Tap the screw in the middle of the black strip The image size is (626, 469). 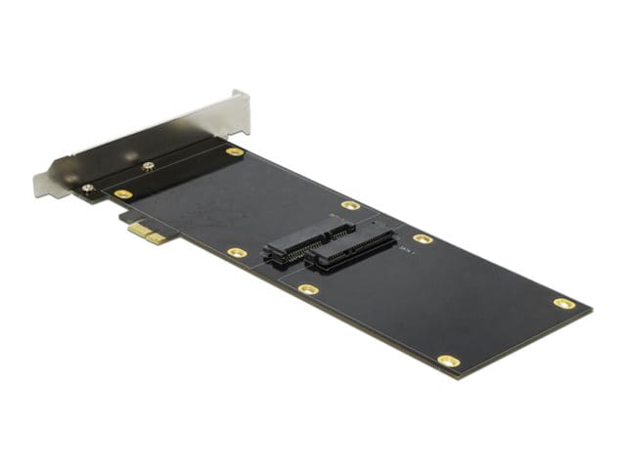point(148,167)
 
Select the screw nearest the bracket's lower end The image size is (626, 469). point(88,188)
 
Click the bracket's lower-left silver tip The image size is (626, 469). point(41,185)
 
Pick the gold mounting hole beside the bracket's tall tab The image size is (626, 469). point(235,152)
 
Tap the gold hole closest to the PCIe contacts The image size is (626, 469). point(123,194)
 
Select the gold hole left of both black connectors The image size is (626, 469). point(237,252)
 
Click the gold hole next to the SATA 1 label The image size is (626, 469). point(423,238)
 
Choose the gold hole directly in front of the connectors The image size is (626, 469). point(308,289)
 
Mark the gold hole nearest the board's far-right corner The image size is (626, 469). point(564,303)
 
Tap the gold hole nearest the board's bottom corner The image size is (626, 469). point(448,361)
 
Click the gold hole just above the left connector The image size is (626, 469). point(350,205)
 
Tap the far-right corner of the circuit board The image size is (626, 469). point(591,311)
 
